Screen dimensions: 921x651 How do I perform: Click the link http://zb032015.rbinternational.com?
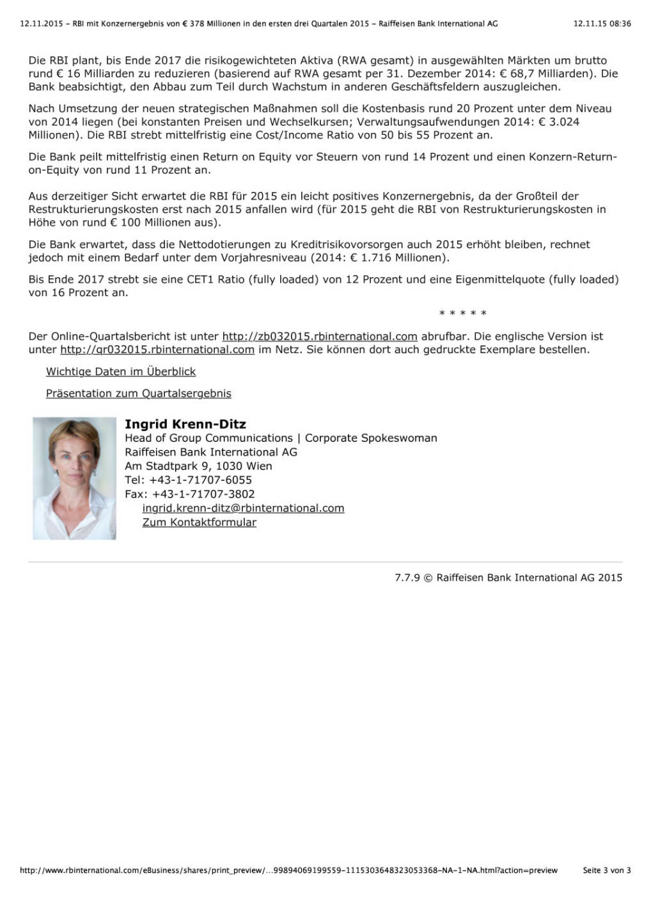point(319,336)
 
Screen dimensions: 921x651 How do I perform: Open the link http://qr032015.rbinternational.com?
point(157,350)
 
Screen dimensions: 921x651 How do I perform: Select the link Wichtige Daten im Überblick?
point(121,372)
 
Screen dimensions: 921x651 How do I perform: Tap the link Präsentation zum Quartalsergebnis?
point(138,393)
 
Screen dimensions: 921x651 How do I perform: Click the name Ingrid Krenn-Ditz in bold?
point(185,424)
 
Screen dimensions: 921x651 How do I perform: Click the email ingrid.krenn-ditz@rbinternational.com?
point(243,508)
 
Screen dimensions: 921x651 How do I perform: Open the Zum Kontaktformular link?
point(199,522)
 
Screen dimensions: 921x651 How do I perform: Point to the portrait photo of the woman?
point(74,478)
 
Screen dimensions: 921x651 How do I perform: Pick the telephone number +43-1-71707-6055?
point(200,480)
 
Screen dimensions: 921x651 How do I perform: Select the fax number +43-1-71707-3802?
point(203,494)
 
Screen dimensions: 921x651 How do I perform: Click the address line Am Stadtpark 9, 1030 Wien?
point(198,466)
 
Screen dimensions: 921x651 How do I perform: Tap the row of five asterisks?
point(463,313)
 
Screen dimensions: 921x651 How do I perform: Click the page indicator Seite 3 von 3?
point(606,870)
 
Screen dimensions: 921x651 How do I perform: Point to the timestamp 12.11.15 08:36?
point(602,24)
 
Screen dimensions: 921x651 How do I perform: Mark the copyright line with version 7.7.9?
point(508,578)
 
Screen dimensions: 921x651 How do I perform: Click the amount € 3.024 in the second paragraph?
point(559,122)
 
